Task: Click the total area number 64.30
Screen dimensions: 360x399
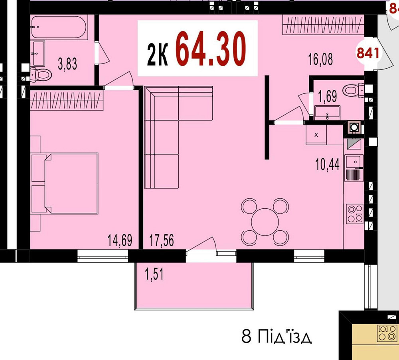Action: (210, 49)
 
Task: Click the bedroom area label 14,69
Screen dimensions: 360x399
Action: (120, 241)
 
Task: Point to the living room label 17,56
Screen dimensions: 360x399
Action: (162, 241)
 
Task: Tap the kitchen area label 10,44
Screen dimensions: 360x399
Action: (327, 164)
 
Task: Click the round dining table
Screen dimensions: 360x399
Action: (265, 222)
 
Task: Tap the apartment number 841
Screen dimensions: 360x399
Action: (367, 53)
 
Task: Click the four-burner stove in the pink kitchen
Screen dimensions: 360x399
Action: (354, 214)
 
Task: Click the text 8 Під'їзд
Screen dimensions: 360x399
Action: (277, 337)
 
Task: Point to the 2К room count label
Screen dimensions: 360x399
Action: (157, 55)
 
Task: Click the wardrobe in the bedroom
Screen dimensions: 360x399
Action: (67, 100)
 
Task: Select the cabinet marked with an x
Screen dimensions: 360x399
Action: (316, 135)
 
